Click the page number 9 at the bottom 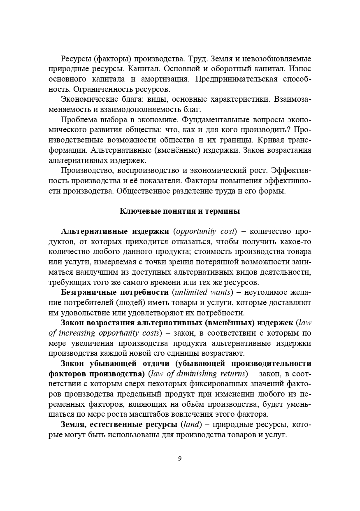pyautogui.click(x=180, y=458)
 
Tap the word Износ pyautogui.click(x=300, y=69)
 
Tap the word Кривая pyautogui.click(x=269, y=140)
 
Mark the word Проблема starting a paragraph pyautogui.click(x=78, y=120)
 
